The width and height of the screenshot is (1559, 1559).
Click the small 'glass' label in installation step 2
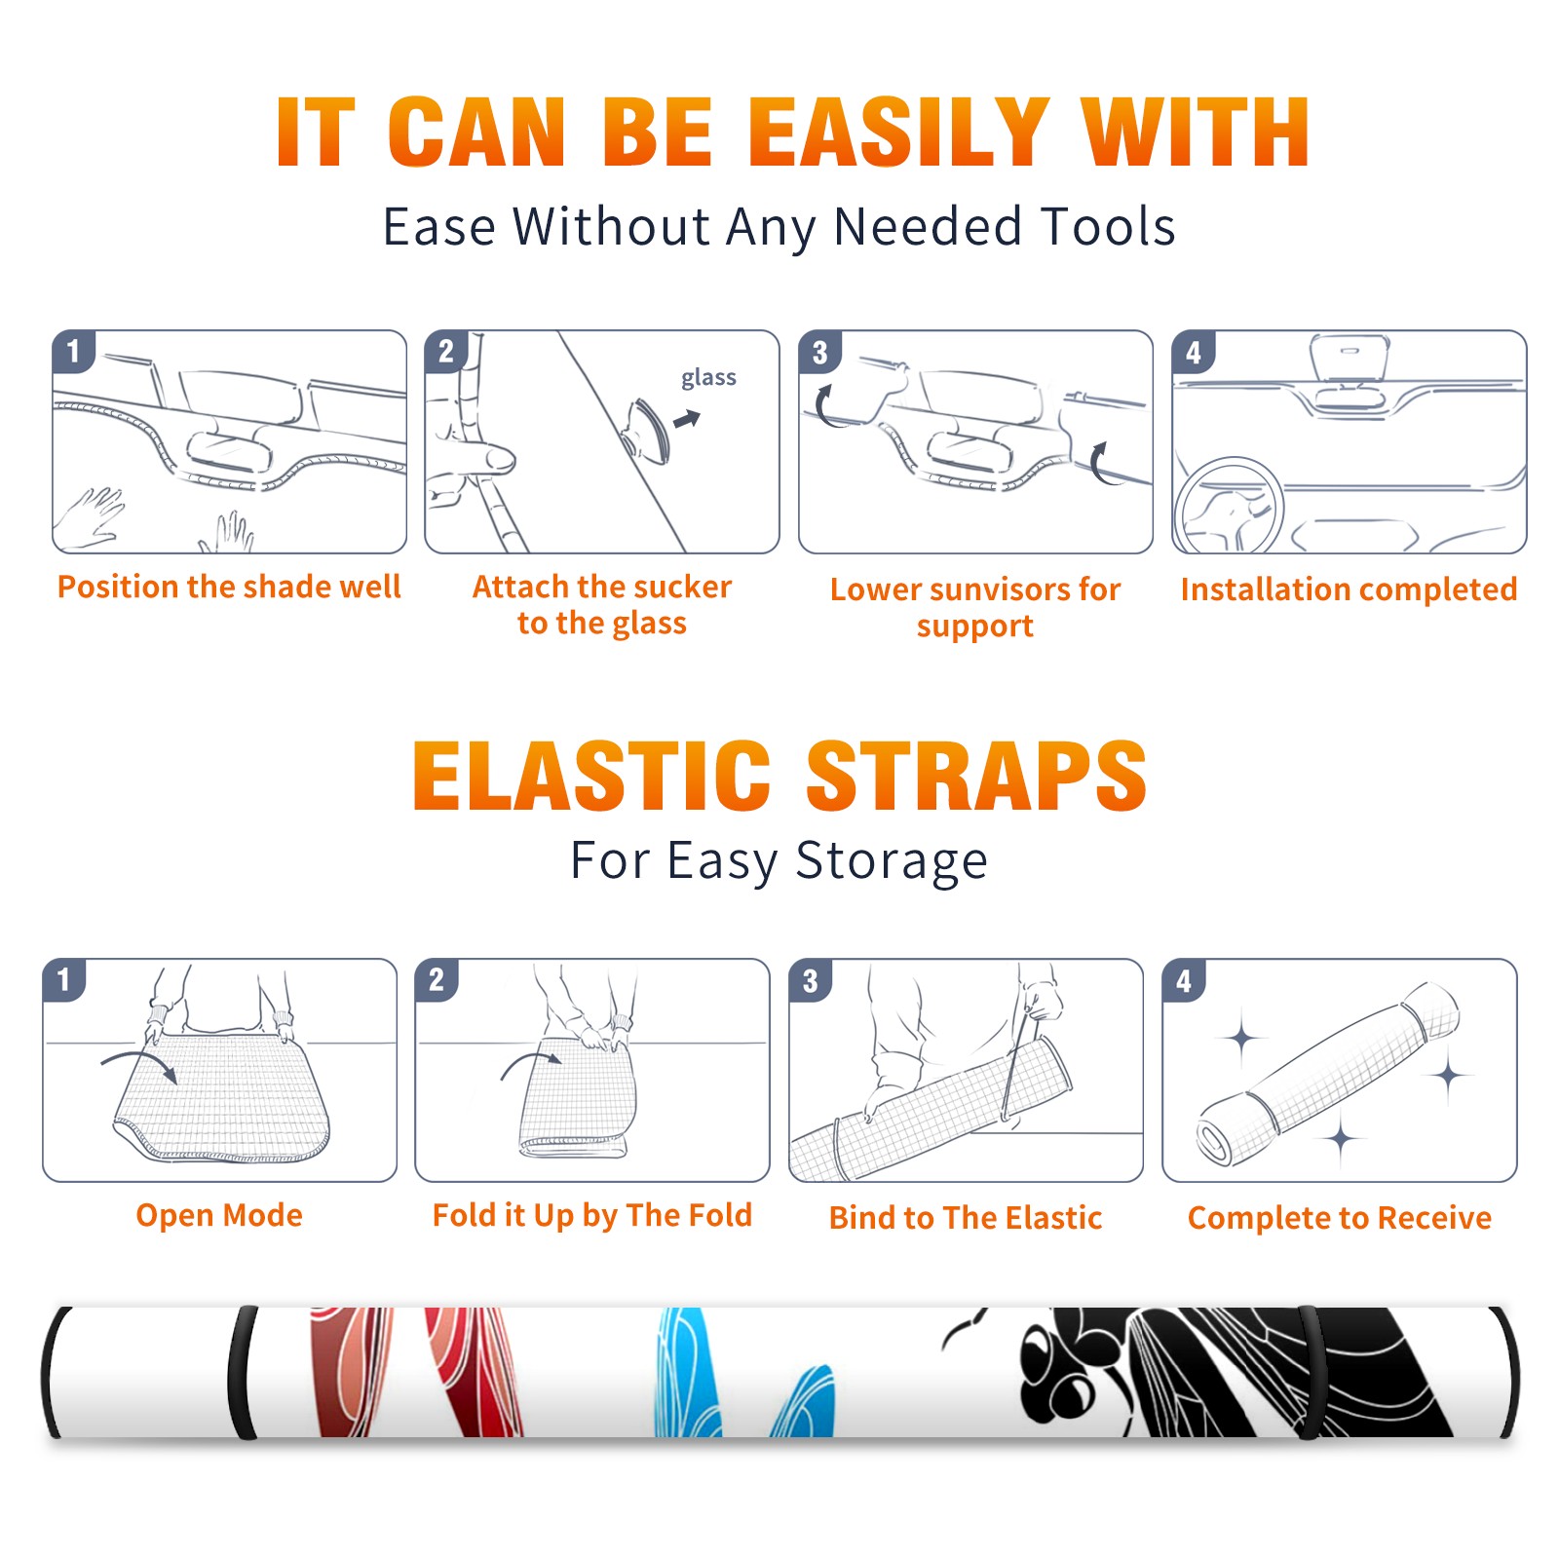[708, 378]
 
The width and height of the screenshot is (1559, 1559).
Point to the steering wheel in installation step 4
[1229, 507]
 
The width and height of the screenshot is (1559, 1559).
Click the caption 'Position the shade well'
[229, 587]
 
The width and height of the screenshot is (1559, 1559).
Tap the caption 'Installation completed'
[1349, 589]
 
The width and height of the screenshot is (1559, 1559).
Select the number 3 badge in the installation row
[819, 352]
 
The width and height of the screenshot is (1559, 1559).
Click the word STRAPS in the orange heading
[976, 776]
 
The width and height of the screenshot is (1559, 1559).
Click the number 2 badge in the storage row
[437, 980]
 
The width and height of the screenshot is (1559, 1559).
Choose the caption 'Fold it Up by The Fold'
[592, 1215]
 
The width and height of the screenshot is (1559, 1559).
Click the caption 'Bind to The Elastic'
[966, 1217]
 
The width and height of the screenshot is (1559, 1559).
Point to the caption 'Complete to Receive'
[1340, 1217]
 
